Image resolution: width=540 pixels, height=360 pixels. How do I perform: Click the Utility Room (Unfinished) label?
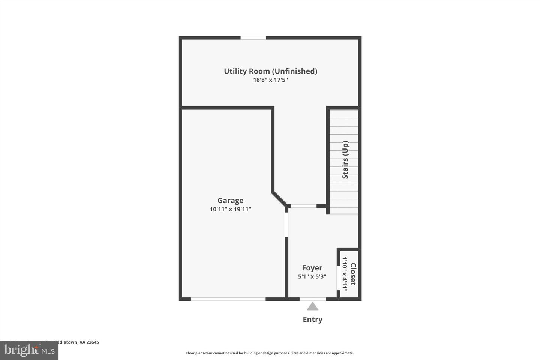coord(270,71)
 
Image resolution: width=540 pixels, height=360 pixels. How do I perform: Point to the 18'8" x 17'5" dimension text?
coord(270,80)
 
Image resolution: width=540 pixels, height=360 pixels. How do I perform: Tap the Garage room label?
coord(230,201)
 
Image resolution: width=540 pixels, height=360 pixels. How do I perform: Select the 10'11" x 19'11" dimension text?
coord(230,209)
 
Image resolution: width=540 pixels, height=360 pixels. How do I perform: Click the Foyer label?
coord(312,268)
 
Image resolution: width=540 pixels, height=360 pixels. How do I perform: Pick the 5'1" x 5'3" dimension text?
coord(312,276)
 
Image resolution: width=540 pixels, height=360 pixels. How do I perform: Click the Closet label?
coord(353,274)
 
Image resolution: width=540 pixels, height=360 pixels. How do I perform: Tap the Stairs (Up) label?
coord(345,160)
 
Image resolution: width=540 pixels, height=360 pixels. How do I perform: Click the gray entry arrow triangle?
coord(312,307)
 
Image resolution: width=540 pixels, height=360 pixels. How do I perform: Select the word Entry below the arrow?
coord(312,319)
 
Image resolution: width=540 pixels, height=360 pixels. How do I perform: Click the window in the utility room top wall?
coord(253,37)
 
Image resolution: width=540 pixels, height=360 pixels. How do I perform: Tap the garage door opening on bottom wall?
coord(228,299)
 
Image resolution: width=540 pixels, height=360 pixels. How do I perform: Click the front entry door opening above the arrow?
coord(313,299)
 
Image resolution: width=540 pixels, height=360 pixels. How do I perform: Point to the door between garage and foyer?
coord(286,225)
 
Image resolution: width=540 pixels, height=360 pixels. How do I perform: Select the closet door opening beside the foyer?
coord(338,278)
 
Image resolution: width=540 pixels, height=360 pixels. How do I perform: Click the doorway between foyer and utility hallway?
coord(304,206)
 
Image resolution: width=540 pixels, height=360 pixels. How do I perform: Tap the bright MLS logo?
coord(29,350)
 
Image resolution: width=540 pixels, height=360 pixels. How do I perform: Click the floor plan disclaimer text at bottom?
coord(270,353)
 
